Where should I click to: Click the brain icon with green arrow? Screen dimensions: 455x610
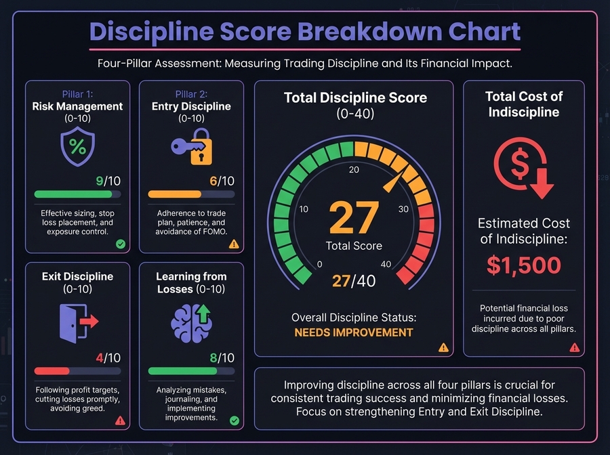(191, 321)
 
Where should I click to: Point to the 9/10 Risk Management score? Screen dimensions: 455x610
(108, 181)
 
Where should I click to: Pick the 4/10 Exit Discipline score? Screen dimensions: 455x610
(108, 357)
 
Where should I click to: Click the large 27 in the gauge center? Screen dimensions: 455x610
(353, 217)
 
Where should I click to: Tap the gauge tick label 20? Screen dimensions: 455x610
(354, 169)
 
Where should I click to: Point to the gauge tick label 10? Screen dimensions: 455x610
(304, 209)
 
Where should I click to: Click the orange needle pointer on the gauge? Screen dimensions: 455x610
(393, 179)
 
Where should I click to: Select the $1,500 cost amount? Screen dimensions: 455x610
(523, 265)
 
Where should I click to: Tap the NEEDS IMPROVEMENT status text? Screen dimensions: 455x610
(353, 332)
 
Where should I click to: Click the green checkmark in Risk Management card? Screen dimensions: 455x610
(120, 244)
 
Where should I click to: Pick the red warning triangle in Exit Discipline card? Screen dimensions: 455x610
(120, 420)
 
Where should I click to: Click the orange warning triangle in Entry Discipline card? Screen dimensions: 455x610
(234, 244)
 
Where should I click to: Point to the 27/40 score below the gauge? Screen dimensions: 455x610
(353, 280)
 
